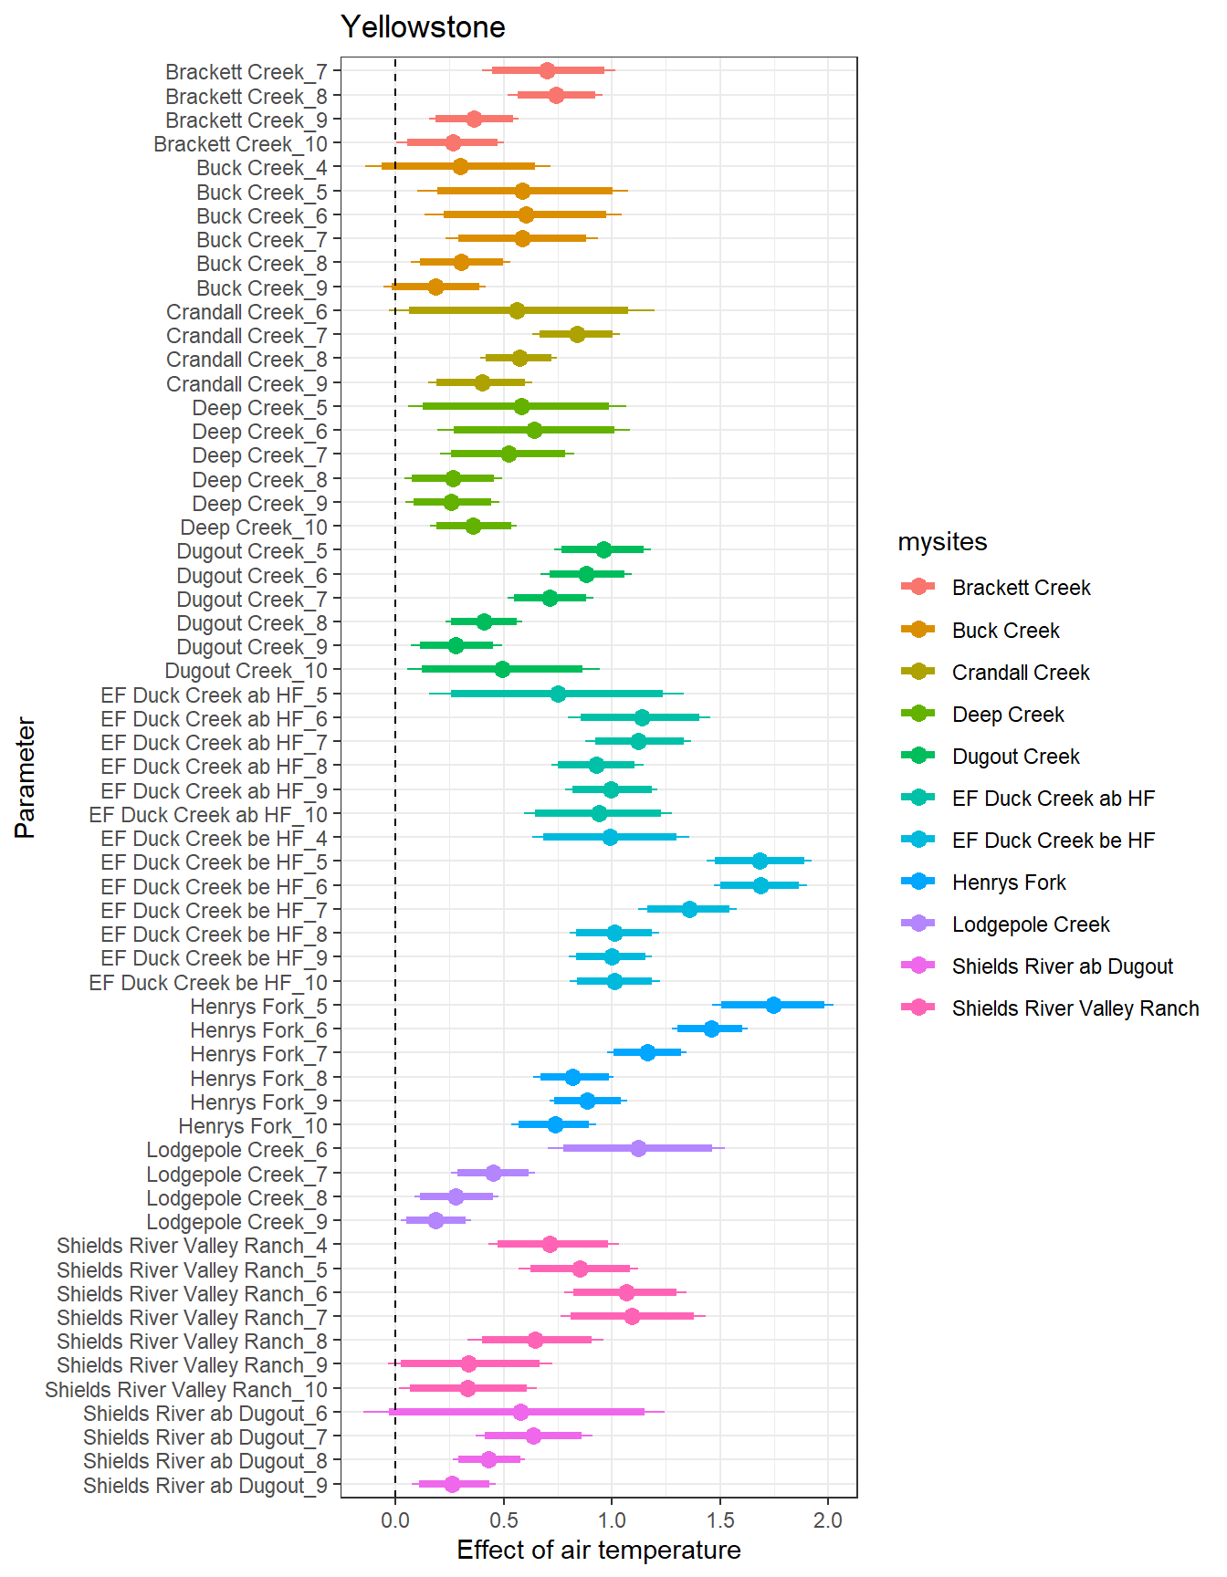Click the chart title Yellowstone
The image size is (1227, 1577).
tap(423, 27)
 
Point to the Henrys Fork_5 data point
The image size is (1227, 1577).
tap(773, 1005)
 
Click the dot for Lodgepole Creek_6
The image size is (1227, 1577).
tap(638, 1148)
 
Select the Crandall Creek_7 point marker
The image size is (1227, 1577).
tap(577, 334)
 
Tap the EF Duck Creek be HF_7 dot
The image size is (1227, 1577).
tap(689, 909)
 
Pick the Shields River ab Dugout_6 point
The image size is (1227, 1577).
tap(520, 1412)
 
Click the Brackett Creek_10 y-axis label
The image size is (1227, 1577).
tap(240, 144)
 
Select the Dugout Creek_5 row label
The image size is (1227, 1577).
tap(252, 551)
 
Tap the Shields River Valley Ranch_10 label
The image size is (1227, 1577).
tap(186, 1390)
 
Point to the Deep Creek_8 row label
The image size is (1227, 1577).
tap(259, 480)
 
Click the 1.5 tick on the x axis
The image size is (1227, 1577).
tap(720, 1520)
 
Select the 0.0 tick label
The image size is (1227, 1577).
tap(395, 1520)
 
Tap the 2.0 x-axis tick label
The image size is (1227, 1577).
tap(828, 1520)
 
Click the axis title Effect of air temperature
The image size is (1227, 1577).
tap(599, 1550)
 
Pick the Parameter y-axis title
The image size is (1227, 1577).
tap(26, 778)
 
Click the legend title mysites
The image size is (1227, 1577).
tap(942, 542)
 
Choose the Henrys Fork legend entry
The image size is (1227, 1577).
tap(1009, 882)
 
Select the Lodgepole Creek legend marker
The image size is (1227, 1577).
tap(918, 924)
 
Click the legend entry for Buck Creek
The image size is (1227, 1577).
tap(1005, 631)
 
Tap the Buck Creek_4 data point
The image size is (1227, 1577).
tap(460, 166)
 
